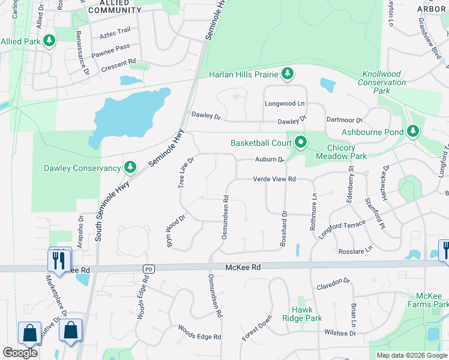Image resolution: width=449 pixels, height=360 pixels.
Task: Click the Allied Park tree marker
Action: click(x=49, y=40)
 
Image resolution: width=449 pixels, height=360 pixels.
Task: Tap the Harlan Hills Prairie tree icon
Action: click(x=288, y=74)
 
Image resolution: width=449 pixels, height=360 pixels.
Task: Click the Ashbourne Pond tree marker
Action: click(x=412, y=131)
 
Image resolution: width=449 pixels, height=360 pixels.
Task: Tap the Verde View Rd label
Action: click(x=274, y=179)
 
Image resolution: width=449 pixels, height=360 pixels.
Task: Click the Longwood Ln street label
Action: click(x=280, y=104)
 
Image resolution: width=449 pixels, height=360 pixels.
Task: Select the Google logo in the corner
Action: click(x=20, y=353)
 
